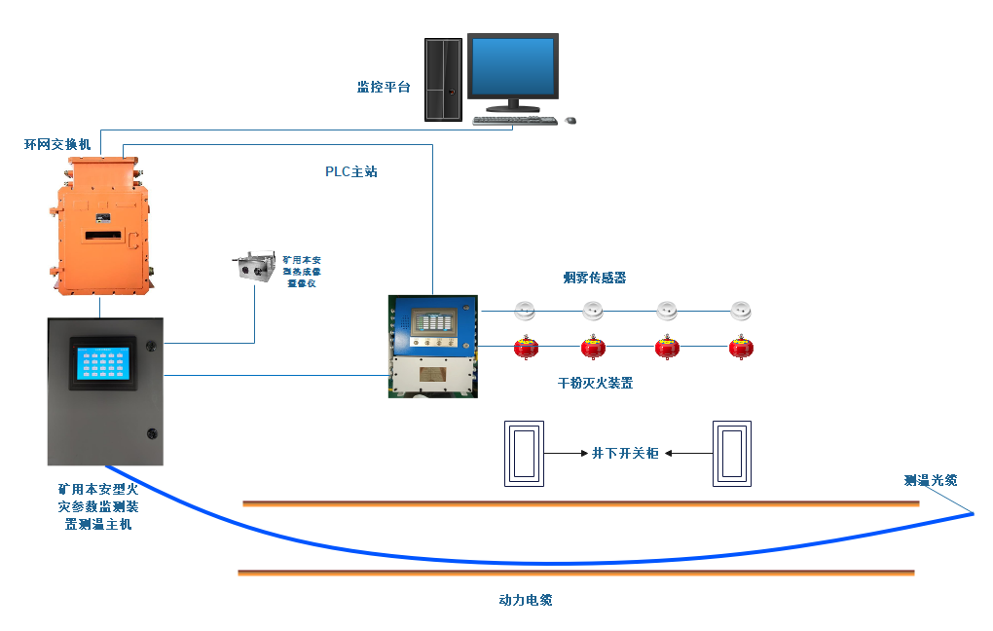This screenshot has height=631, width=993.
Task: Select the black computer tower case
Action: (443, 79)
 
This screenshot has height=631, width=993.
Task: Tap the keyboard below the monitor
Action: (514, 121)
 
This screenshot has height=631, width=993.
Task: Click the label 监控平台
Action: (384, 88)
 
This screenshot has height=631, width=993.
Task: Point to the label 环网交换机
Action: (57, 144)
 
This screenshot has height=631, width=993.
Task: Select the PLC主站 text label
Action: (350, 171)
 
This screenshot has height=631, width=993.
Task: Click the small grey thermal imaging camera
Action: (253, 268)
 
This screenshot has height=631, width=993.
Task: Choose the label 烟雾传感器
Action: (594, 278)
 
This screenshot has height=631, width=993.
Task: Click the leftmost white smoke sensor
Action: (525, 312)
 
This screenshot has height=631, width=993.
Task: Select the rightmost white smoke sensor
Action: (742, 312)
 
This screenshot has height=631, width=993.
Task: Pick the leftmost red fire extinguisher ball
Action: (526, 347)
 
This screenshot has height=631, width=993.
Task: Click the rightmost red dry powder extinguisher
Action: (741, 347)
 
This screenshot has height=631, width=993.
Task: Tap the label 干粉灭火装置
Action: (595, 383)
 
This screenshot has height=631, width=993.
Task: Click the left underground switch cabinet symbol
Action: (524, 453)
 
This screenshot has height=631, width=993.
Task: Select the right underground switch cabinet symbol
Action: (732, 453)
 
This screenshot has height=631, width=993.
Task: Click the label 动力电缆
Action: (525, 600)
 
